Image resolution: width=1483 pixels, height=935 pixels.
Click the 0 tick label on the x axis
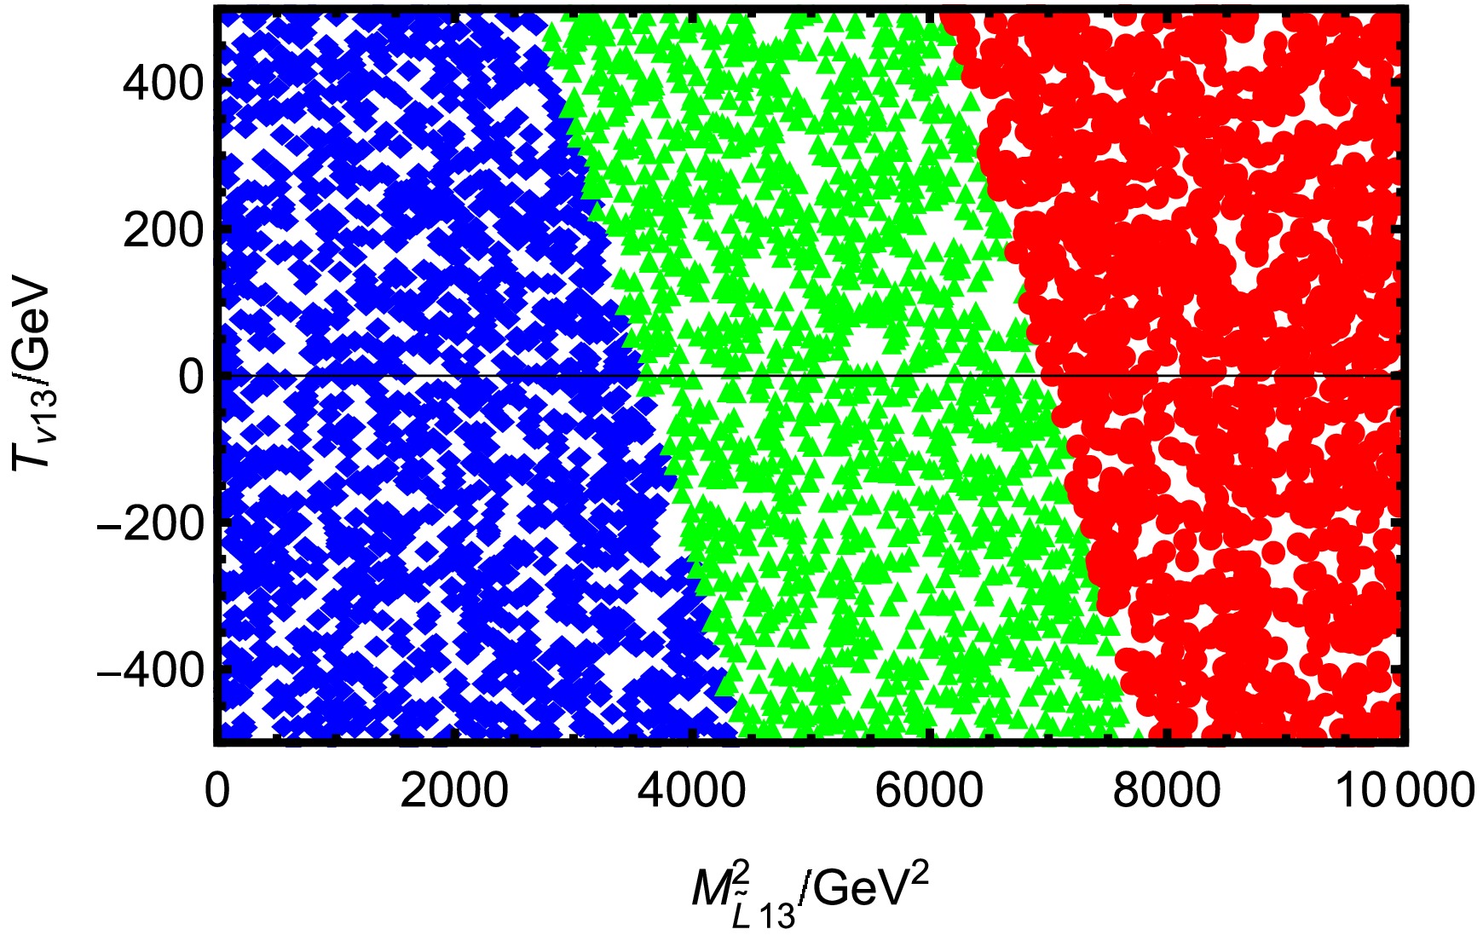tap(217, 791)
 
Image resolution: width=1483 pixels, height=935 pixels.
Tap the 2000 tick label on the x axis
tap(454, 791)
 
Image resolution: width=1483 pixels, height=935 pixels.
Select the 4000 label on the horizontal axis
tap(691, 791)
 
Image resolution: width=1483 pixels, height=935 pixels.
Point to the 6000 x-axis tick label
tap(929, 791)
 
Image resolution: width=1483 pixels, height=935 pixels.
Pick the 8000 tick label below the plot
tap(1167, 791)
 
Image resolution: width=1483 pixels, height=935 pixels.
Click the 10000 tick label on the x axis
tap(1404, 791)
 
